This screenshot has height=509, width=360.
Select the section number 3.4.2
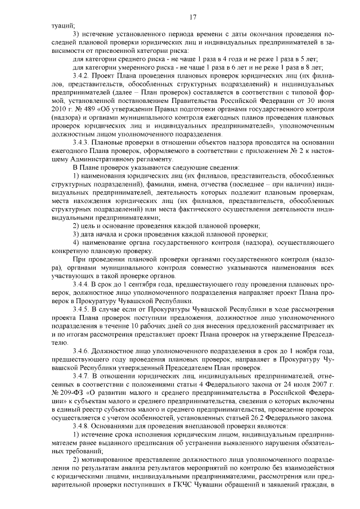tap(83, 76)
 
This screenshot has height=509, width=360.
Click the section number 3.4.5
tap(83, 310)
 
